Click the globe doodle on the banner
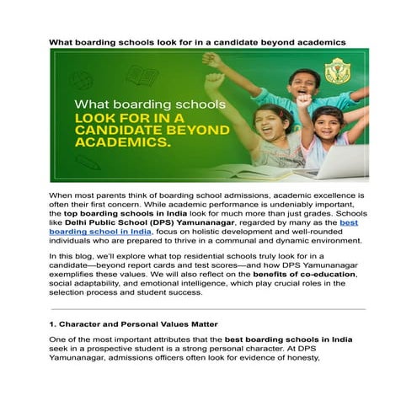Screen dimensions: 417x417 click(x=82, y=80)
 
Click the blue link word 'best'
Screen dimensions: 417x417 click(x=349, y=222)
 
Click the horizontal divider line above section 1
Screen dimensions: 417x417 click(x=207, y=308)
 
